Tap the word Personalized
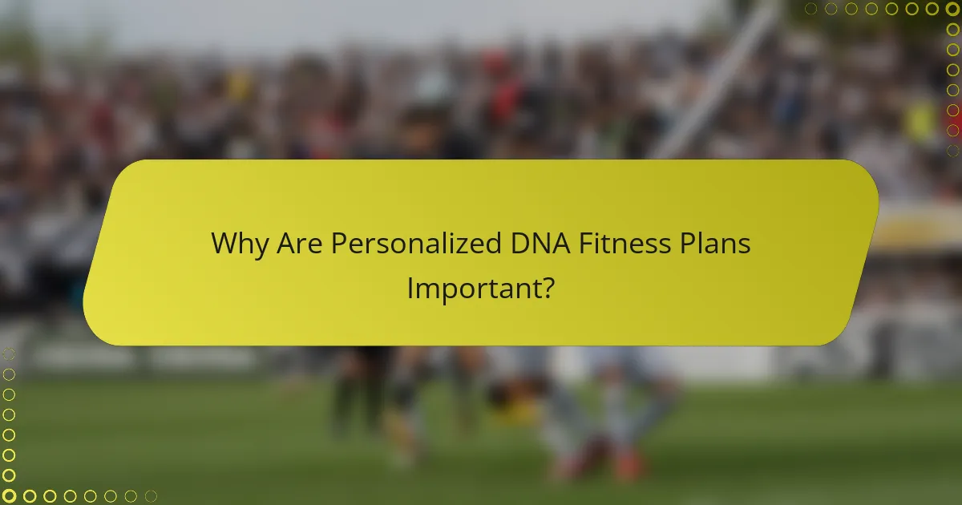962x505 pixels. coord(417,244)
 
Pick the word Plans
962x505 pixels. coord(716,244)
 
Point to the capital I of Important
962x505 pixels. coord(410,288)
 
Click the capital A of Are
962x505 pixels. coord(287,244)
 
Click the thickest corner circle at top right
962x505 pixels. coord(952,9)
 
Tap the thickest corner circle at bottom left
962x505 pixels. coord(9,496)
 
